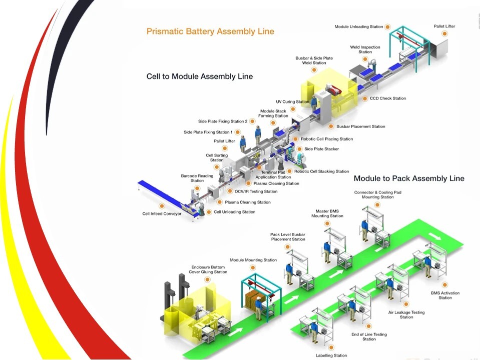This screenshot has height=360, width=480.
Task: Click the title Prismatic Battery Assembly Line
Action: [x=210, y=31]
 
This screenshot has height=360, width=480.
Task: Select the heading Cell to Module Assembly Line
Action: [x=199, y=76]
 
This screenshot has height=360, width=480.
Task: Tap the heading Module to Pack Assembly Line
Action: [x=409, y=178]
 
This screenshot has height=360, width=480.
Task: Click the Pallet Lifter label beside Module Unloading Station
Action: [x=444, y=26]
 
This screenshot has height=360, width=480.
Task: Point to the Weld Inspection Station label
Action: [x=365, y=49]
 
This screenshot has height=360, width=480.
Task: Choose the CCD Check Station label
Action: [x=387, y=98]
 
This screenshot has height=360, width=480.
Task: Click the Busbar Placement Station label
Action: [x=360, y=126]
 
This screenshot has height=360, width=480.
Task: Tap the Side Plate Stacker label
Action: [x=321, y=149]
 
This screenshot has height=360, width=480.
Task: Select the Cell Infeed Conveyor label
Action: [x=162, y=213]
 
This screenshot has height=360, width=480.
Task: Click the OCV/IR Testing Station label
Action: [x=256, y=191]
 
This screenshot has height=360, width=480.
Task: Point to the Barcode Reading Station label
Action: [x=197, y=178]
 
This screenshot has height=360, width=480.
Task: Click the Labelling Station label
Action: [x=331, y=355]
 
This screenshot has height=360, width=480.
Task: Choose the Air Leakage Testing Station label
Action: [x=406, y=314]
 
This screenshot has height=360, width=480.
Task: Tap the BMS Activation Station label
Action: [x=445, y=295]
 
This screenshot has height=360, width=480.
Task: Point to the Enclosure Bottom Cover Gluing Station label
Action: [x=208, y=269]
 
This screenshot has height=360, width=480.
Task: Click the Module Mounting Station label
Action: [x=253, y=260]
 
